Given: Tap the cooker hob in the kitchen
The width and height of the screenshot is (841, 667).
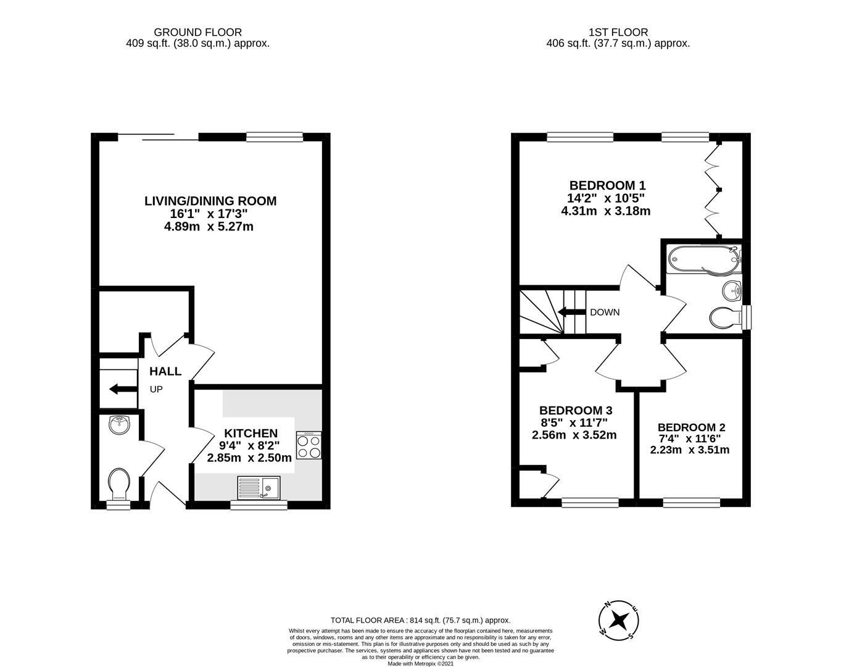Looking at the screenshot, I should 309,445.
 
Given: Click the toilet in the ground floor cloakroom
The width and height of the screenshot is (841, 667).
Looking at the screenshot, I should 118,483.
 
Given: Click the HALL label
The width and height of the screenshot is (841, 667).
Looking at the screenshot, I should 165,371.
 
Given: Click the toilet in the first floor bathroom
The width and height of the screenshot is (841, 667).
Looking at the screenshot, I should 724,318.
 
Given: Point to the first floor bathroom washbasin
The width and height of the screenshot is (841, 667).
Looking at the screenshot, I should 732,288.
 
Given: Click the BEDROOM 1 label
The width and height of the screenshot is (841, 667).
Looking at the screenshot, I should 607,185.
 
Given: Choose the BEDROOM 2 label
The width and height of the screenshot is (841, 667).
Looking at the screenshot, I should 691,427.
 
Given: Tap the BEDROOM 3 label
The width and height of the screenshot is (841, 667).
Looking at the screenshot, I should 575,410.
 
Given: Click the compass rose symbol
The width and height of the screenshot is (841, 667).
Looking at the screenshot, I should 618,619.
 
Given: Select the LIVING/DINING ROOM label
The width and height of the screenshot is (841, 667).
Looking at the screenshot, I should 210,201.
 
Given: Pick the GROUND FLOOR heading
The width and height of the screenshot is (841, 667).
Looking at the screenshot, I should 197,32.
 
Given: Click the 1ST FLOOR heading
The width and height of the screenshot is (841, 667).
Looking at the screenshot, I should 618,32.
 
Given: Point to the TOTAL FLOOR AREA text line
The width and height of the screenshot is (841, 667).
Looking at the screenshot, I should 420,620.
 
